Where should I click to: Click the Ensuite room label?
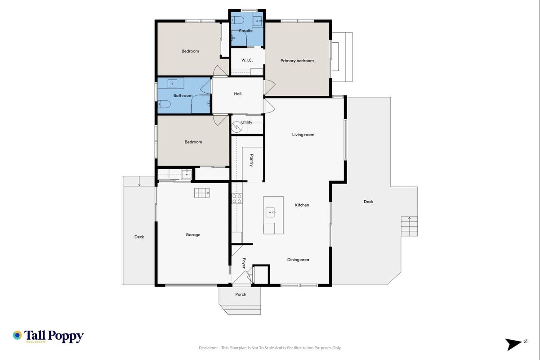pos(245,31)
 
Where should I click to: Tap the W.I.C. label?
pos(247,60)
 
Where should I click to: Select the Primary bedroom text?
pos(297,61)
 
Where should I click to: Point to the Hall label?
pos(238,94)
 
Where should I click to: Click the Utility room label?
pos(247,122)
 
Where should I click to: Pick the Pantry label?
pos(251,161)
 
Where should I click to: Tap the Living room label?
pos(303,135)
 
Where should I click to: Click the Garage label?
pos(193,235)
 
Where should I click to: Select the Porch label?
pos(241,294)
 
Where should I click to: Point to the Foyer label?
pos(244,263)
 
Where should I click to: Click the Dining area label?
pos(298,260)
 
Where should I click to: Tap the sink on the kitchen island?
pos(270,212)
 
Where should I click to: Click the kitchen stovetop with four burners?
pos(237,198)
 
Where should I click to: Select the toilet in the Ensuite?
pos(238,20)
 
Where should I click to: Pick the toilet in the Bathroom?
pos(164,104)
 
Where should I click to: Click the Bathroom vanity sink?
pos(172,84)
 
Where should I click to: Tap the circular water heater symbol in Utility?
pos(237,127)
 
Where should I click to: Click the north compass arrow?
pos(513,344)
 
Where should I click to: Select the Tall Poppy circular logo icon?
pos(17,335)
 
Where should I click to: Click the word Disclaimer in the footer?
pos(208,348)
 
